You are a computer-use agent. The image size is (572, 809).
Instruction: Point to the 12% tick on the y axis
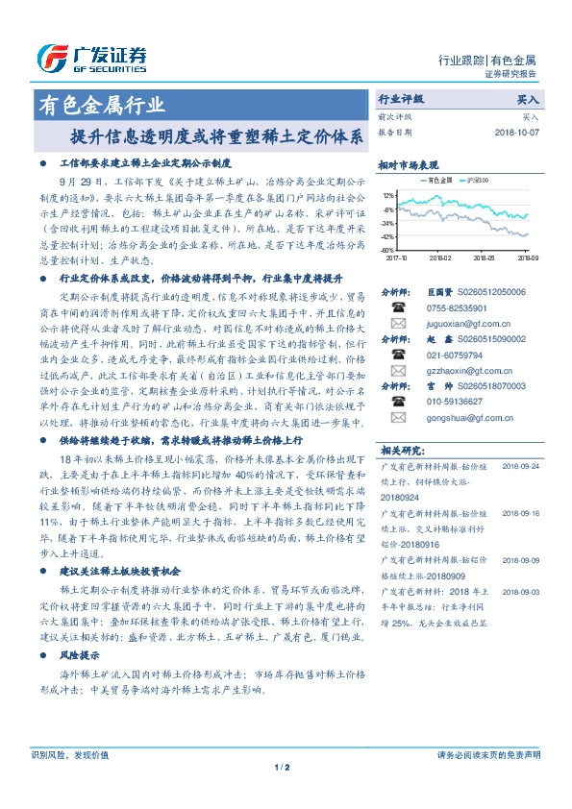tap(387, 194)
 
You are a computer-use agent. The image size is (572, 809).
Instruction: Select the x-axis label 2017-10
tap(397, 257)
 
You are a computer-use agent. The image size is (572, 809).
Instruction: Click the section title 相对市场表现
tap(408, 164)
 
